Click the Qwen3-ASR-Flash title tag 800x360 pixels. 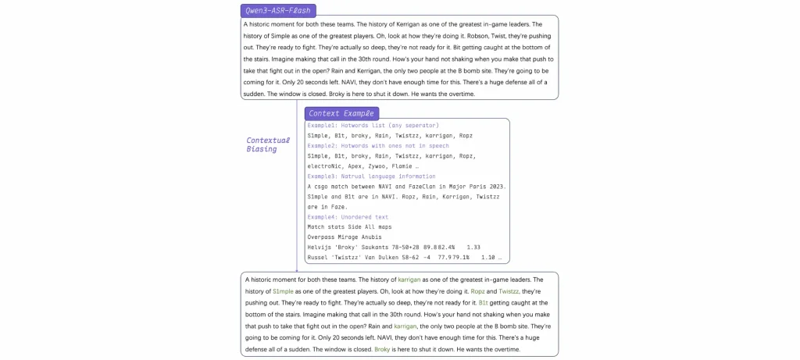(277, 10)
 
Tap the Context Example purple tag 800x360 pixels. (341, 113)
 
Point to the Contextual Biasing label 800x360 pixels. (268, 144)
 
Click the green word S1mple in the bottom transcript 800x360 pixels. (283, 290)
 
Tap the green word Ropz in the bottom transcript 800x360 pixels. (477, 290)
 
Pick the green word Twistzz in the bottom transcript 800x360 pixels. (509, 290)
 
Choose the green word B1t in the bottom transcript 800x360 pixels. (483, 302)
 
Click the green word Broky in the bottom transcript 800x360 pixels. (382, 349)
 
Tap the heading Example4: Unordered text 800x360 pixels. (348, 217)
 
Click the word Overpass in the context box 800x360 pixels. (323, 237)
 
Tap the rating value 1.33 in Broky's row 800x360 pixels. (473, 248)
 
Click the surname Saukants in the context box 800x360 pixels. (376, 248)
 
